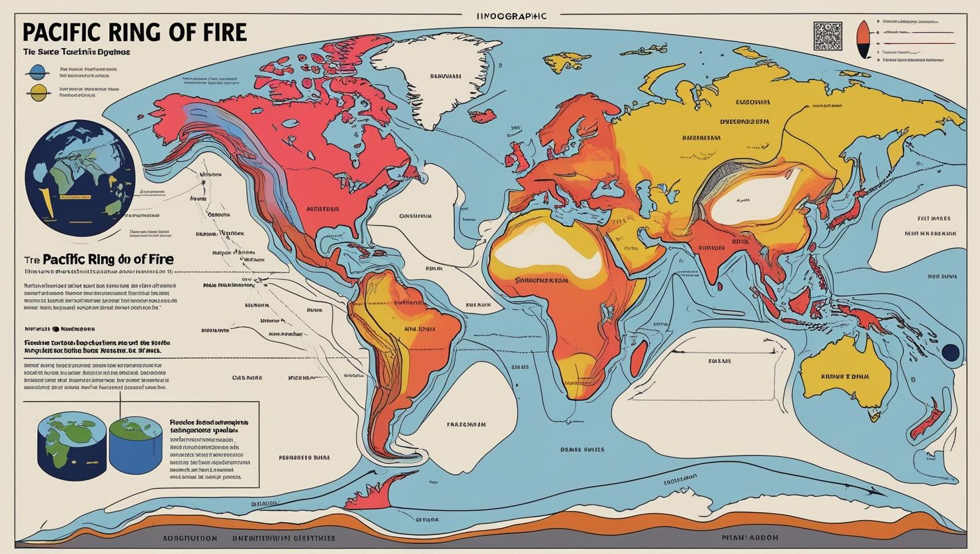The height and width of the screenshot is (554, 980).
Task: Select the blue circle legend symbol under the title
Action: coord(38,71)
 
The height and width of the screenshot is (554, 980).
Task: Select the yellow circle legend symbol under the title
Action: coord(38,93)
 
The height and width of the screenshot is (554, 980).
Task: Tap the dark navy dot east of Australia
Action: coord(951,352)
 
